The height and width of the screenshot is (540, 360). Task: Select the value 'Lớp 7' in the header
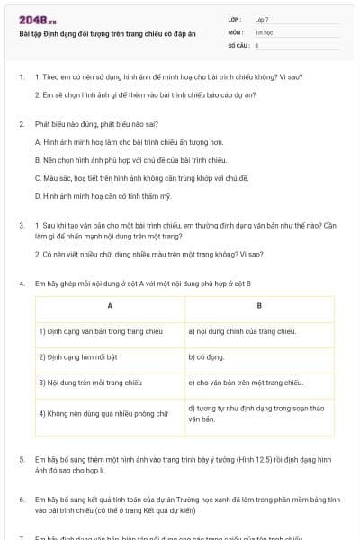click(262, 19)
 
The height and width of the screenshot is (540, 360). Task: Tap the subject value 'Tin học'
click(263, 31)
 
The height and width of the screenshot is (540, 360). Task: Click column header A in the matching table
click(109, 307)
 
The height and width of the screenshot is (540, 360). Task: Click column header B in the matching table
click(258, 307)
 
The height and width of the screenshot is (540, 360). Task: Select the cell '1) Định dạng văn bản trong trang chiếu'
click(101, 331)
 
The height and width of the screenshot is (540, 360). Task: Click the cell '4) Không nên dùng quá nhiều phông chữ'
click(103, 414)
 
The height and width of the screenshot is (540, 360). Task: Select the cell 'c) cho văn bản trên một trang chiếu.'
click(245, 382)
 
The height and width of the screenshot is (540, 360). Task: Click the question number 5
click(22, 460)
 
